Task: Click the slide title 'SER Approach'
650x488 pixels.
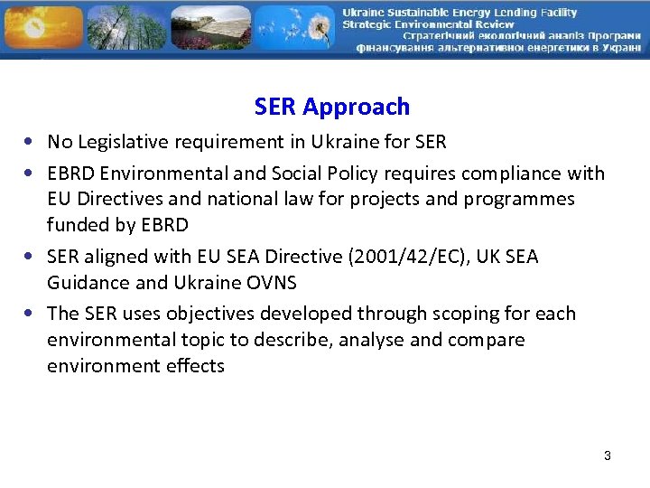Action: [x=331, y=107]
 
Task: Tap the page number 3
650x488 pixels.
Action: [x=608, y=455]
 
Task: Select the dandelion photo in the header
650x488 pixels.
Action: [x=293, y=28]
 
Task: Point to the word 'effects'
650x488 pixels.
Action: [x=193, y=366]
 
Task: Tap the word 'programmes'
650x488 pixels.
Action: [x=520, y=199]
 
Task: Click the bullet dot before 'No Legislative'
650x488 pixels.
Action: [x=31, y=143]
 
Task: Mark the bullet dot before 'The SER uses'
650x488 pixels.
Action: [x=31, y=314]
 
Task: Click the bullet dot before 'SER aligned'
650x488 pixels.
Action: [x=31, y=258]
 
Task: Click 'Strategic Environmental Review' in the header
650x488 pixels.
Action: [x=428, y=24]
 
